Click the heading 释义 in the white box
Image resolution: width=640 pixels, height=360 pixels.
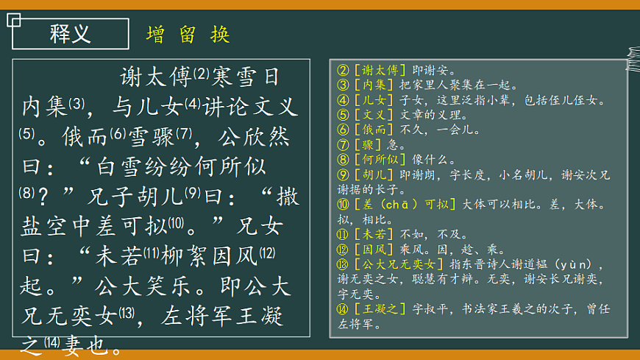tap(71, 33)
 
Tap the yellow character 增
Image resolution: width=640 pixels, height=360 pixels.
tap(156, 35)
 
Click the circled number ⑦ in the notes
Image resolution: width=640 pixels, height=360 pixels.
tap(342, 144)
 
